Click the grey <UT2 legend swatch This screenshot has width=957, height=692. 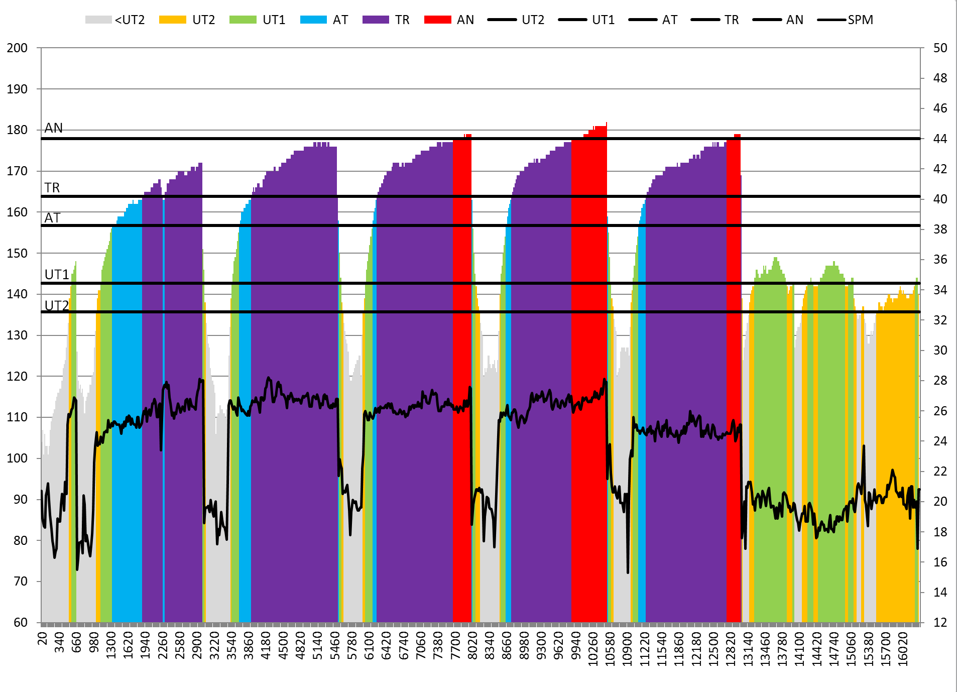(98, 20)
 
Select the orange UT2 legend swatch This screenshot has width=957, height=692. (172, 20)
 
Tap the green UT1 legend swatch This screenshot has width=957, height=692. (243, 20)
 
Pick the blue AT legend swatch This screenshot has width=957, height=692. (313, 20)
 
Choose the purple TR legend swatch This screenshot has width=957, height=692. (376, 20)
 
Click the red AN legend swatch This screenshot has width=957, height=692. (437, 20)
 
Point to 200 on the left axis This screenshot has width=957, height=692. (17, 48)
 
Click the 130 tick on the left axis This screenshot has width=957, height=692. (17, 335)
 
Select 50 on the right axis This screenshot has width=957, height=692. (940, 48)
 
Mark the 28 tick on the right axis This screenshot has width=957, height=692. (940, 381)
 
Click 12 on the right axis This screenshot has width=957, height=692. (940, 623)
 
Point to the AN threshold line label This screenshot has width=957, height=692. (54, 129)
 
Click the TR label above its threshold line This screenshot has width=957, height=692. (52, 188)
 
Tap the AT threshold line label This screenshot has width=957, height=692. (52, 218)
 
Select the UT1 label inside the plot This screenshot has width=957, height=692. (57, 275)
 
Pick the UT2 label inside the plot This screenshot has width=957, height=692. (57, 306)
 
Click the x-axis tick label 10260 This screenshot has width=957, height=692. (593, 649)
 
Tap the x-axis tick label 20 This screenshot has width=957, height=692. (43, 638)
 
